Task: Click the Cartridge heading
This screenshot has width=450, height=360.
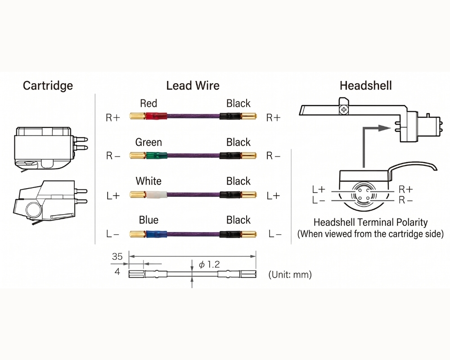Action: (x=48, y=86)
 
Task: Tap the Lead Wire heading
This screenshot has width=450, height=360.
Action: (x=193, y=85)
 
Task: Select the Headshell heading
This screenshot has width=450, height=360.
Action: (x=365, y=85)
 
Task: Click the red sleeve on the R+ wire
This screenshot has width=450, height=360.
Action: (x=156, y=116)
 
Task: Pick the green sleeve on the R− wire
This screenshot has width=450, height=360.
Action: (x=156, y=155)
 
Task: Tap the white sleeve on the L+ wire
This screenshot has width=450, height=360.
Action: (x=156, y=195)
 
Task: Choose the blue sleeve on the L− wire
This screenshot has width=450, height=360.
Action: (x=156, y=234)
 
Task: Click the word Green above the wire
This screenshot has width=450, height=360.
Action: (x=148, y=142)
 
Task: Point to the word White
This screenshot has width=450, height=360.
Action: (x=148, y=181)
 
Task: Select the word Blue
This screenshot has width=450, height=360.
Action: (x=148, y=220)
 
